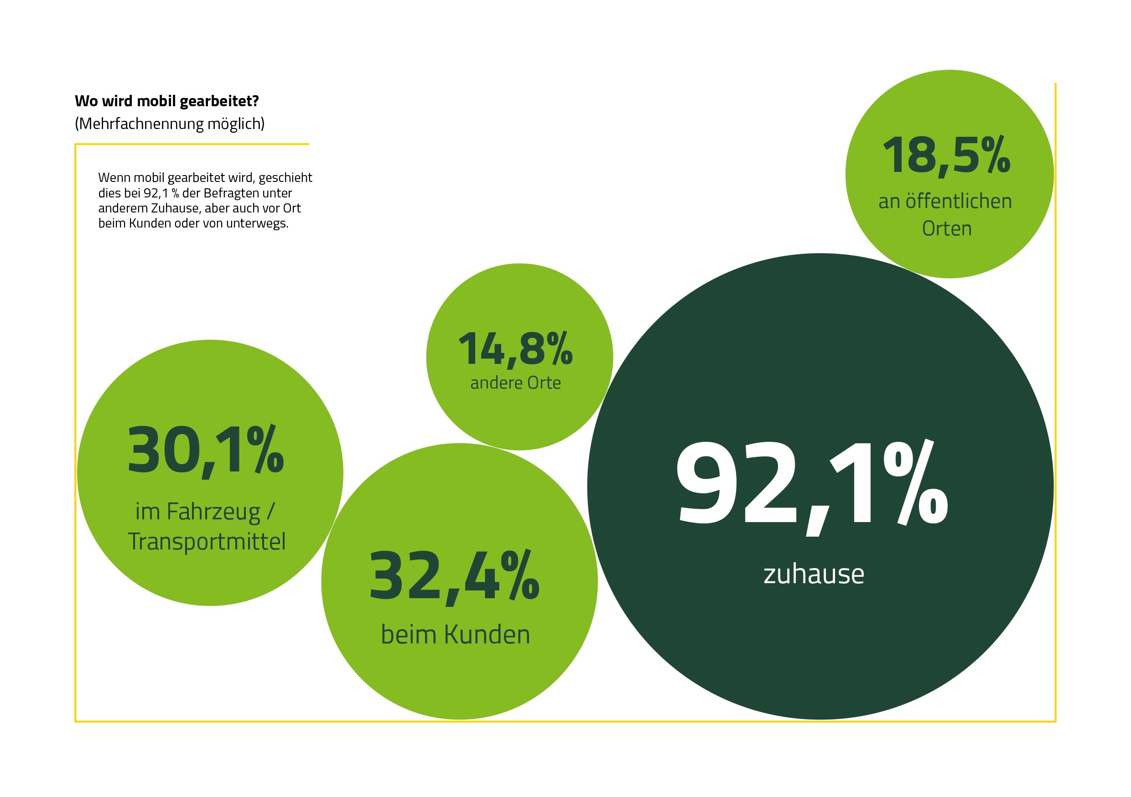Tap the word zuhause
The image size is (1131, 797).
[x=814, y=574]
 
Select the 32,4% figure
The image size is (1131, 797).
[x=454, y=576]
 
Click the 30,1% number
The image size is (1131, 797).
[x=205, y=451]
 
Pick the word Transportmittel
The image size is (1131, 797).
[x=207, y=541]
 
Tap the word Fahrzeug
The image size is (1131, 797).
[x=213, y=512]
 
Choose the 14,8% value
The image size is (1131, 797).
[x=515, y=349]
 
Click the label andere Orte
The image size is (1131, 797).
[x=515, y=383]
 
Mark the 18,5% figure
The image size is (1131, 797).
[x=946, y=156]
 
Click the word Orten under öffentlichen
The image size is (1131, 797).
[x=947, y=228]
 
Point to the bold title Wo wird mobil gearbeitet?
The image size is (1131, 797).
[x=167, y=101]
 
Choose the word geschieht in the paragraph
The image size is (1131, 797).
[x=285, y=178]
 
